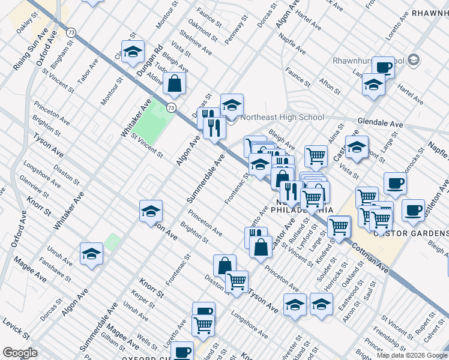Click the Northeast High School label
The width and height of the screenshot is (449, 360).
click(282, 117)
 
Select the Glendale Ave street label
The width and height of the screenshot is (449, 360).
click(381, 122)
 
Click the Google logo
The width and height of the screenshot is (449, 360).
click(19, 353)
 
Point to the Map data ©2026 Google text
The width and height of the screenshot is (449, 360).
click(412, 355)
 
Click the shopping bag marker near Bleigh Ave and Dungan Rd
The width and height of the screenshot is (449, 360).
click(174, 85)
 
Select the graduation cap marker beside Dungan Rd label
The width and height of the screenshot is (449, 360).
click(133, 52)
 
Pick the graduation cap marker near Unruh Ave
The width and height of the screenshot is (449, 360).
click(91, 254)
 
